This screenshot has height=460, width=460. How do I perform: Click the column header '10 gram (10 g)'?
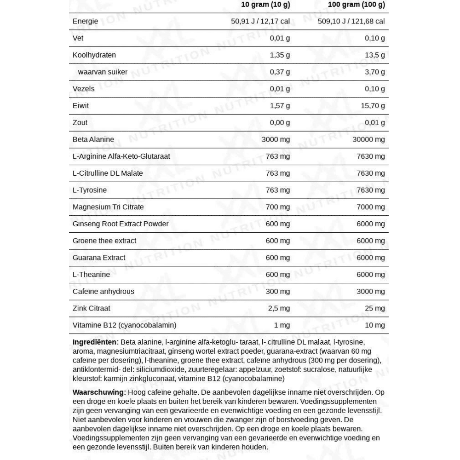point(265,5)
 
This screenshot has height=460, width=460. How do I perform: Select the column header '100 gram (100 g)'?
point(356,5)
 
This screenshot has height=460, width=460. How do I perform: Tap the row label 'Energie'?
point(85,21)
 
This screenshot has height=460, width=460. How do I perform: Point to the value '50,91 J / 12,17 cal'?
point(260,21)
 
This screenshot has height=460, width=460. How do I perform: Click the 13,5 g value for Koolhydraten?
point(375,55)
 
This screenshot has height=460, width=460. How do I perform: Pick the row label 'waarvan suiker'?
point(103,72)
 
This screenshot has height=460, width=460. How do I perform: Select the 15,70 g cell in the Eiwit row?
point(373,106)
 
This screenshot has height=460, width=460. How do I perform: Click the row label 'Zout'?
point(80,122)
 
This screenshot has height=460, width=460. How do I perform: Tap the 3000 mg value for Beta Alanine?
point(276,139)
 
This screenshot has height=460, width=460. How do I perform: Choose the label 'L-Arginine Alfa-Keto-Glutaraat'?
point(121,156)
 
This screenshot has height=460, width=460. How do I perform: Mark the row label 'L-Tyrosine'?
point(90,190)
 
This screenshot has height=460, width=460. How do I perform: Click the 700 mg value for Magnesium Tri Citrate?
point(278,207)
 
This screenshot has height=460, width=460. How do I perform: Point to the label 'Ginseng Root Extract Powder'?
point(121,224)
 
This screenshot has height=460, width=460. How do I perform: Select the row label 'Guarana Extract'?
point(99,258)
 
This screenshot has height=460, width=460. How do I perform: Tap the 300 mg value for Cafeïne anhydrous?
point(278,291)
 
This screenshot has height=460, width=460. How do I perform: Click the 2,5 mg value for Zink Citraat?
point(279,308)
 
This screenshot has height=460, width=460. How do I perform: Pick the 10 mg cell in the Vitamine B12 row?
point(374,325)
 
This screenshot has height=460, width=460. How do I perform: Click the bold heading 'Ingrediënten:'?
point(96,342)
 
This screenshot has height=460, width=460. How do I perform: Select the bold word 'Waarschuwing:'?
point(99,392)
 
